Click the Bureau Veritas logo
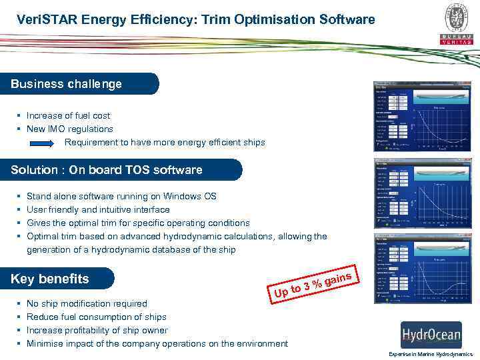(x=456, y=24)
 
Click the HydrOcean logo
(x=431, y=334)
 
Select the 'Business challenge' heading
(x=67, y=84)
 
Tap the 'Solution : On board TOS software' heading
(x=107, y=170)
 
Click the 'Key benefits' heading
(x=50, y=279)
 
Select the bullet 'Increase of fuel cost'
(x=68, y=115)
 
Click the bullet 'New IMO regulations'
(x=69, y=129)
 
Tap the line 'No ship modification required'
(x=87, y=303)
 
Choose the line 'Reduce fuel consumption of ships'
(x=96, y=317)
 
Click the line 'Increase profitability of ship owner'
(x=97, y=330)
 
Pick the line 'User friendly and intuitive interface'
(x=98, y=209)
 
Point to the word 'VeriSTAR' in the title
(x=47, y=20)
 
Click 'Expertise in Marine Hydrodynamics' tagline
(x=431, y=354)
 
